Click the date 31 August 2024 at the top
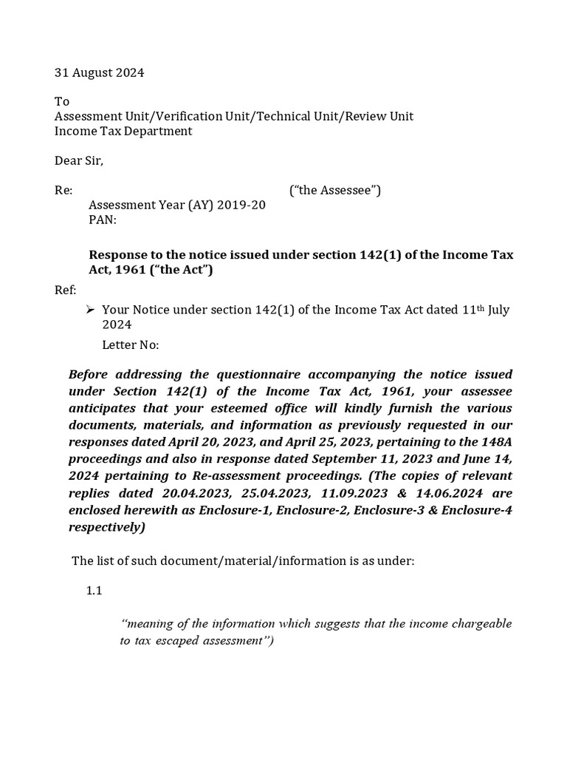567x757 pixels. coord(100,72)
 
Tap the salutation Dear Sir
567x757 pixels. coord(79,160)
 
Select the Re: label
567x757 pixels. coord(63,191)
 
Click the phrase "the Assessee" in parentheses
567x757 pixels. coord(336,191)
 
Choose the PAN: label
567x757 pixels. coord(103,220)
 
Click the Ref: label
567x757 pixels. coord(65,290)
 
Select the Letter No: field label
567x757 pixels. coord(130,345)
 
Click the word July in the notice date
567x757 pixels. coord(498,310)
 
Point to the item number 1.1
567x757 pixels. coord(94,591)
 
